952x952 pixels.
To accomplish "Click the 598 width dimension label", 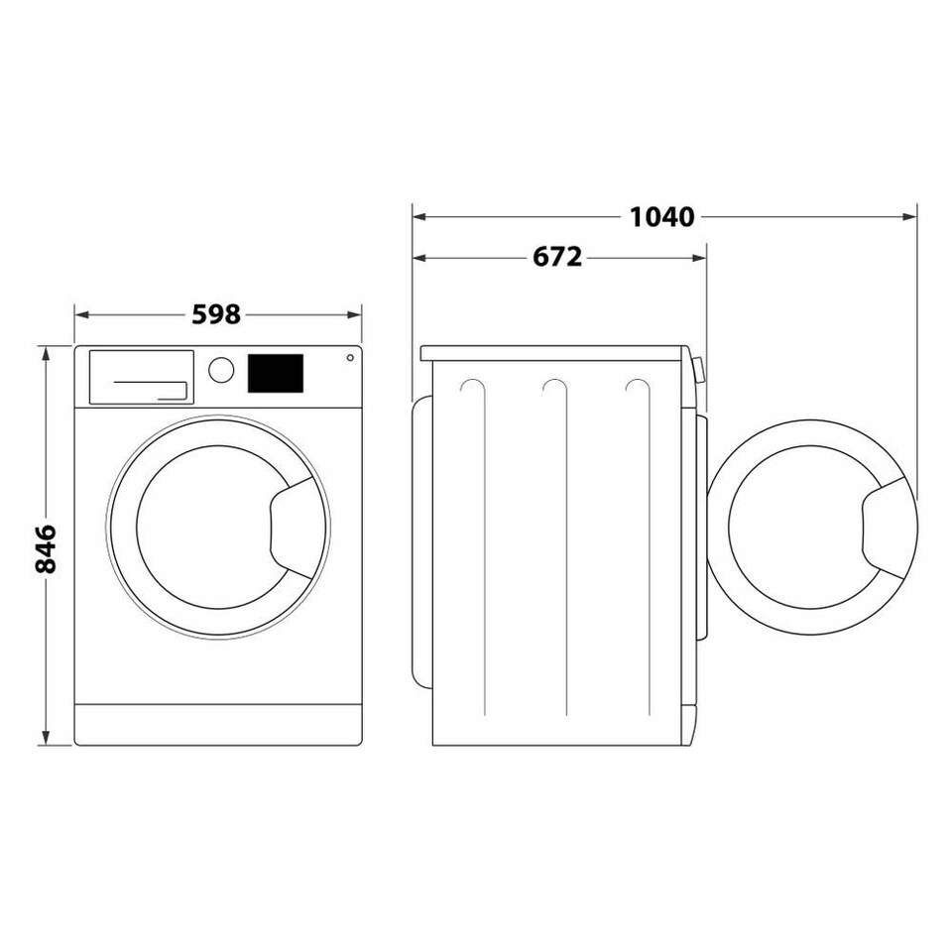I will tap(216, 314).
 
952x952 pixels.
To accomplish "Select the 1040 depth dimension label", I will tap(661, 216).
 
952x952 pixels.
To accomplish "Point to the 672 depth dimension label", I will tap(557, 258).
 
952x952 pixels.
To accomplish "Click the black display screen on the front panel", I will tap(274, 373).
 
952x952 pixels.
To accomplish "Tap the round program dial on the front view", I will tap(221, 369).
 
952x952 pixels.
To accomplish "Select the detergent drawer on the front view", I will tap(142, 377).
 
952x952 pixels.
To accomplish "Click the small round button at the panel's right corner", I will tap(349, 358).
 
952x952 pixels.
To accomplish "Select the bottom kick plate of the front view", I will tap(218, 725).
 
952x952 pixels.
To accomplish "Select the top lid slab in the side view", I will tap(553, 353).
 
